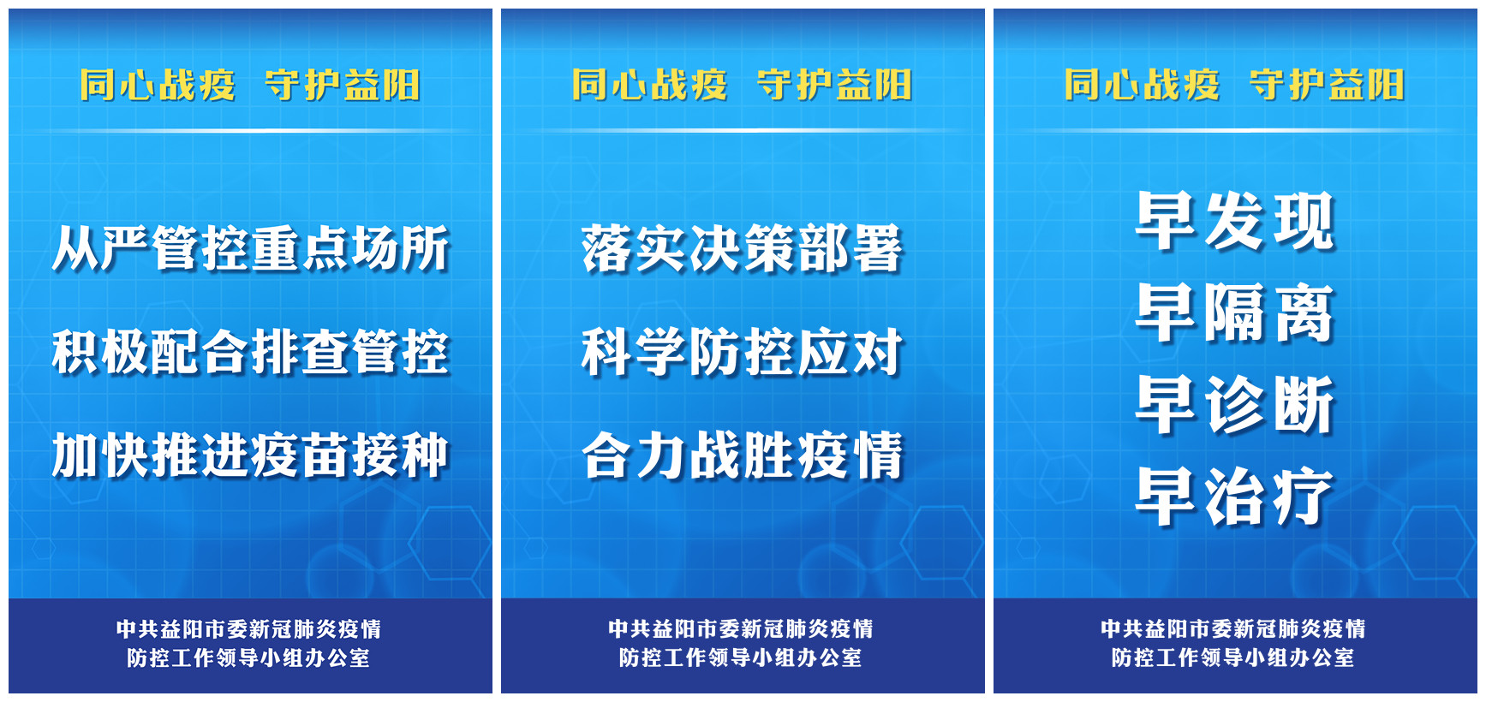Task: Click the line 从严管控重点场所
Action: pos(250,248)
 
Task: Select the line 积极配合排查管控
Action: pos(250,352)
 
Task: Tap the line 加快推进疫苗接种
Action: pos(250,455)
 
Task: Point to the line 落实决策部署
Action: pos(742,248)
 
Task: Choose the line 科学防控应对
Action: pos(742,352)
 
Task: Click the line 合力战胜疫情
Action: pos(742,455)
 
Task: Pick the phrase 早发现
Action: pos(1235,221)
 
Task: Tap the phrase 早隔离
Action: pos(1235,312)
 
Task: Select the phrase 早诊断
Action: pos(1235,404)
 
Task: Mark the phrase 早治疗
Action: pos(1235,496)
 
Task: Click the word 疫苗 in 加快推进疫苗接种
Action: pos(300,455)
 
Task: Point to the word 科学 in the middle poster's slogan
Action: pos(634,352)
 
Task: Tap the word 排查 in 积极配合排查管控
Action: pos(300,352)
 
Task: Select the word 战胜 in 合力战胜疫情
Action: pos(742,455)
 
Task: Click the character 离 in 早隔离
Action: pos(1304,312)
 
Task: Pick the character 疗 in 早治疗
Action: pos(1304,496)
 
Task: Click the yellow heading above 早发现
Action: pos(1234,86)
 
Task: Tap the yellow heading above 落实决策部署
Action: pos(742,86)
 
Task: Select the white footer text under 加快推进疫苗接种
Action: pos(249,643)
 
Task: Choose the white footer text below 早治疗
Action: pos(1233,643)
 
